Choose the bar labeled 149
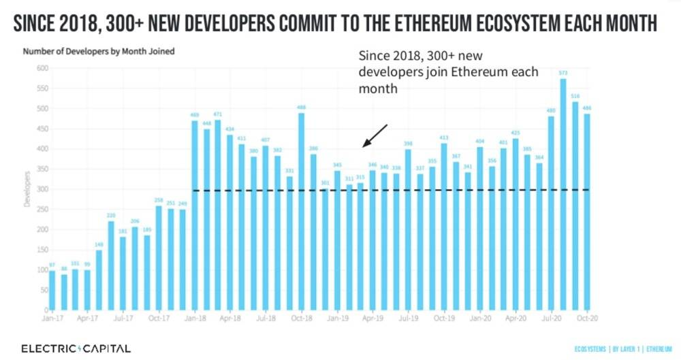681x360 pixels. point(99,280)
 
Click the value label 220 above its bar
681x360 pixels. point(111,215)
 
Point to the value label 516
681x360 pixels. point(575,96)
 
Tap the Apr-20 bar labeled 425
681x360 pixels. point(515,225)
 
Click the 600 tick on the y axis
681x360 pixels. point(41,68)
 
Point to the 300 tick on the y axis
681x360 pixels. point(41,189)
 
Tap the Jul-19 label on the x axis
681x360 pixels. point(407,318)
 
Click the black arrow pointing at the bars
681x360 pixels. point(375,135)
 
